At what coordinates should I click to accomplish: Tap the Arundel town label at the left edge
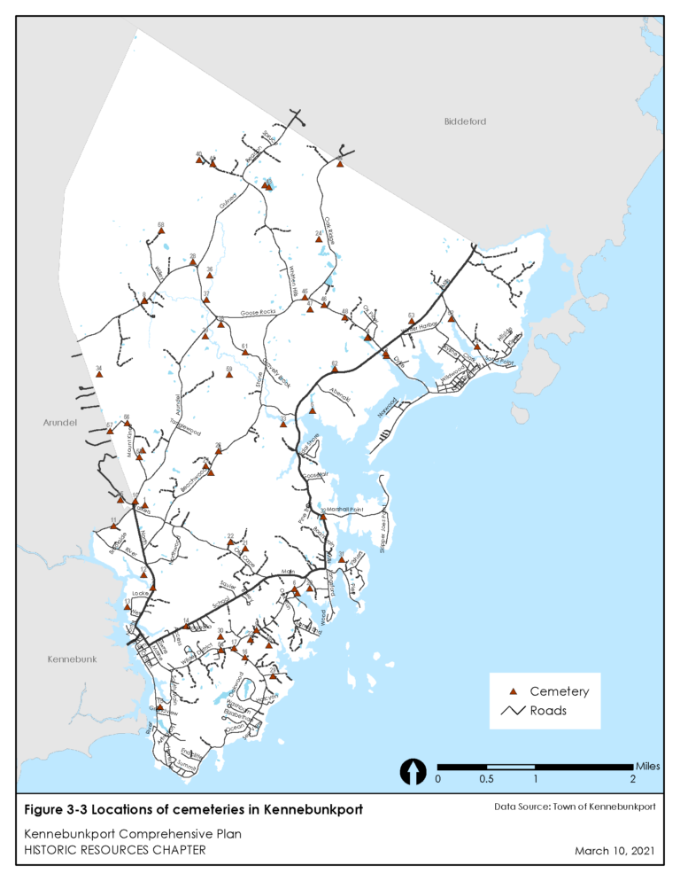[60, 423]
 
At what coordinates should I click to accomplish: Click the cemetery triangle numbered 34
[99, 375]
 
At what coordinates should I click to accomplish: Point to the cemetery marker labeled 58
[161, 231]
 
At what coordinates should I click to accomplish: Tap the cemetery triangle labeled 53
[412, 322]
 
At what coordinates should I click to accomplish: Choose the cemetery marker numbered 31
[342, 560]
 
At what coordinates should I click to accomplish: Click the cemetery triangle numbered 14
[186, 626]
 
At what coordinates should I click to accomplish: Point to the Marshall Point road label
[346, 510]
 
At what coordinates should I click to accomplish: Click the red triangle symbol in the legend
[513, 691]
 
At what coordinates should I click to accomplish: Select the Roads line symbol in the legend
[513, 711]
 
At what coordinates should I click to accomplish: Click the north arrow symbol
[413, 771]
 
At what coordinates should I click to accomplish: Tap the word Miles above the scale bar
[647, 765]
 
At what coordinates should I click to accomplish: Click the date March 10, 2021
[614, 851]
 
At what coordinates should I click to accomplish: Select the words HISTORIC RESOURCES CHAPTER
[115, 851]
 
